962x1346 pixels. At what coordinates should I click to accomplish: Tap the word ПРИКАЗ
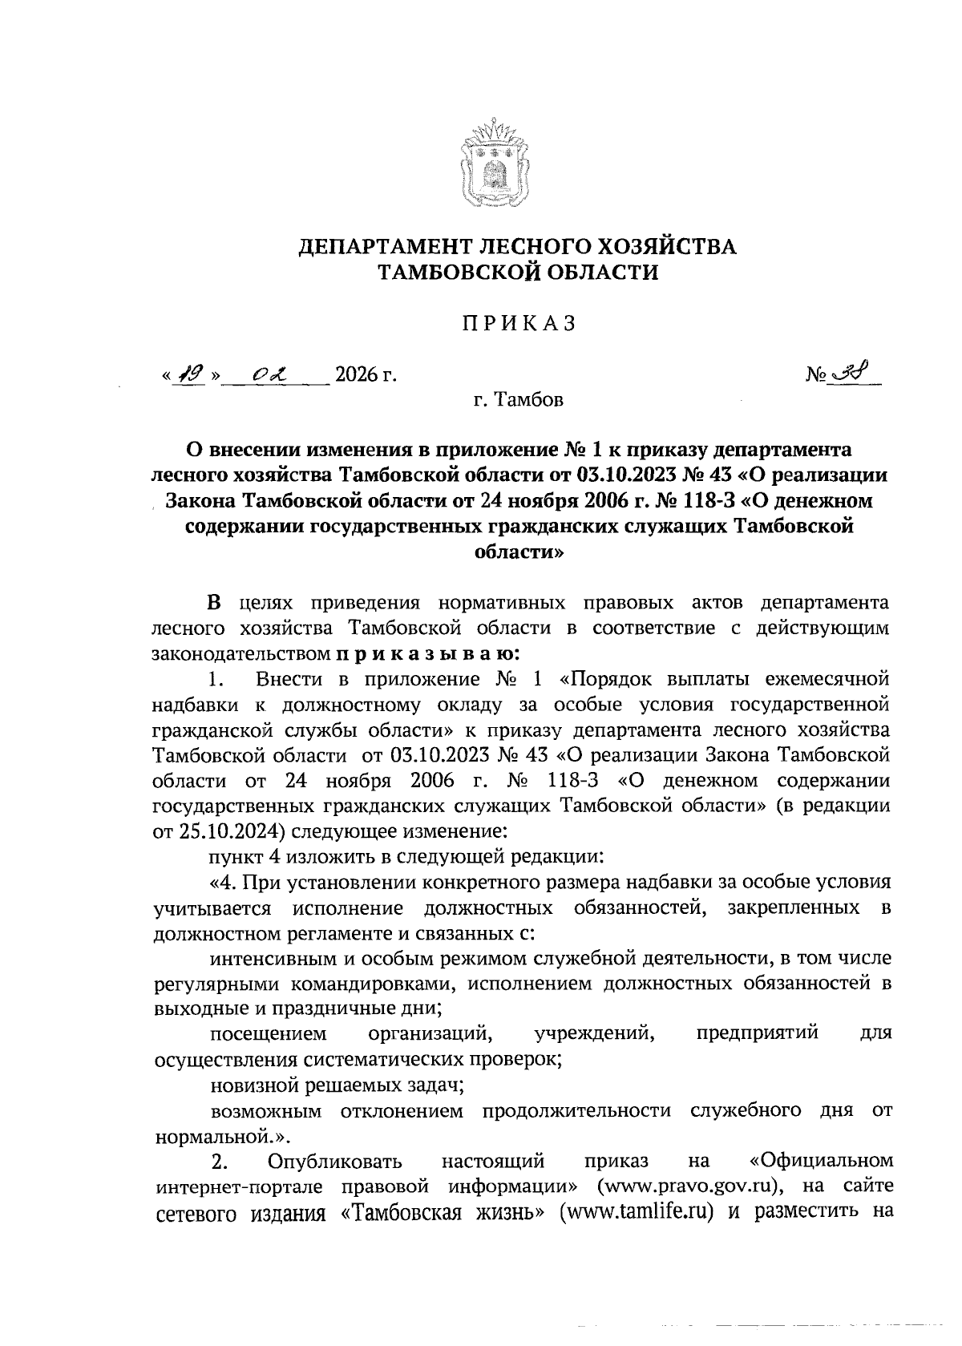pyautogui.click(x=518, y=324)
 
